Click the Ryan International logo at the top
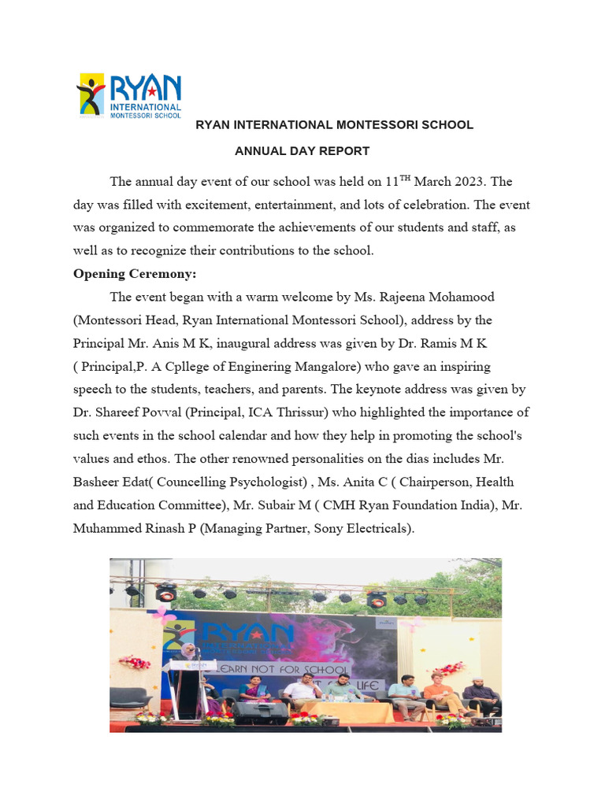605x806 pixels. pos(128,94)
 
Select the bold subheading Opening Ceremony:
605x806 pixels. pos(135,274)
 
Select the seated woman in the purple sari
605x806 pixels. pos(254,686)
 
